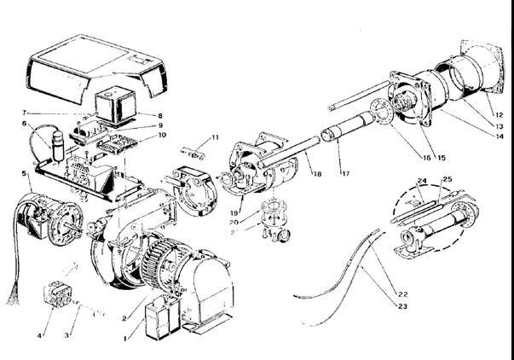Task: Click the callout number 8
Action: pos(159,114)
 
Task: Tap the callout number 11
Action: pos(216,136)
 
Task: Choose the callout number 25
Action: pos(448,180)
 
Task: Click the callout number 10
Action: pos(162,135)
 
